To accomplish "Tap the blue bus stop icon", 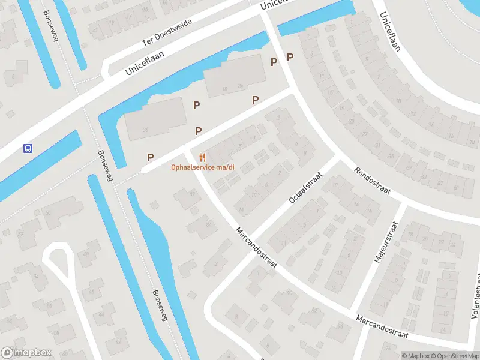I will pos(27,148).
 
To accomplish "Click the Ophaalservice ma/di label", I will pos(202,167).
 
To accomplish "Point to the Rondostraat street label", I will pos(373,181).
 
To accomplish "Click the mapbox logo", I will pos(26,353).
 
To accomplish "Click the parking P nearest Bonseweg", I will pos(150,157).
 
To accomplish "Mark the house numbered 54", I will pos(37,277).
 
